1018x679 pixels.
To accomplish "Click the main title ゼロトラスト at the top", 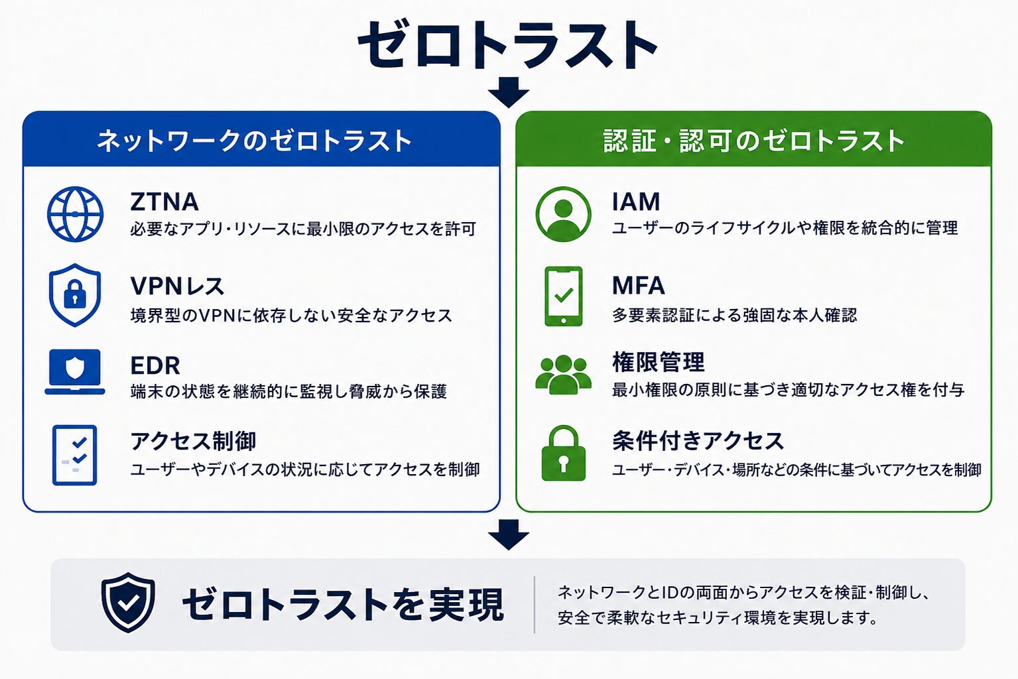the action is click(x=507, y=44).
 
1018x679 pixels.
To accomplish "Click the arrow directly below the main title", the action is click(x=509, y=92).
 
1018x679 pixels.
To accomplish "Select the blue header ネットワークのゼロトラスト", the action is click(x=255, y=141).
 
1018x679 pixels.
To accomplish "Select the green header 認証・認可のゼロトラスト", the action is click(x=754, y=141).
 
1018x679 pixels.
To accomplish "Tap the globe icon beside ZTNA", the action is click(x=75, y=214).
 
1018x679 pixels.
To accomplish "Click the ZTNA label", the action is click(x=164, y=202).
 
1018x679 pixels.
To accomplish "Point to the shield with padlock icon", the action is click(x=75, y=295).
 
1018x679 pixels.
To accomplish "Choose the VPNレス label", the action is click(x=177, y=286).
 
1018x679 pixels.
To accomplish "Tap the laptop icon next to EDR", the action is click(x=75, y=372).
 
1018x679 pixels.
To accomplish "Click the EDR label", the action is click(x=155, y=365).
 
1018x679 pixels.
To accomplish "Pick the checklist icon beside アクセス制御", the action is click(x=74, y=455).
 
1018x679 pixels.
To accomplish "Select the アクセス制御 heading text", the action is click(x=193, y=441).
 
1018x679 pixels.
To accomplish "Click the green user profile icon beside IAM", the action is click(x=564, y=214).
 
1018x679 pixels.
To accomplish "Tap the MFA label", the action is click(x=638, y=285).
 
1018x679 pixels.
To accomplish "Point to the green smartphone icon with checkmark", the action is click(x=564, y=296).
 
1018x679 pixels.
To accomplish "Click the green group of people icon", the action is click(x=564, y=375).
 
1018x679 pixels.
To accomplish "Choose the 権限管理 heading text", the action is click(x=658, y=362).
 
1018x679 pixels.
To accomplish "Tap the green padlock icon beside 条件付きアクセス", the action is click(x=564, y=453).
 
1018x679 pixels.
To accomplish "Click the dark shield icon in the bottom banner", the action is click(x=128, y=602).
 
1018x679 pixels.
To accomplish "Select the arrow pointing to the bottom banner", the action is click(x=509, y=534).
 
